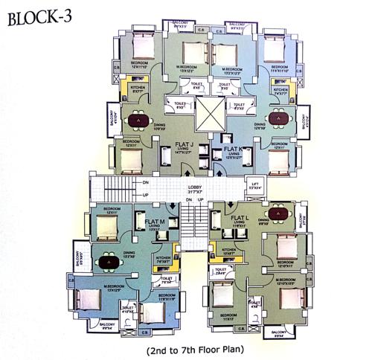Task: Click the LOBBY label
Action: click(x=196, y=187)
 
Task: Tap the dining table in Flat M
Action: click(x=109, y=262)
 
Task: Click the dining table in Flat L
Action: click(x=280, y=216)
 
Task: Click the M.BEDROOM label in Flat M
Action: click(x=115, y=286)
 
